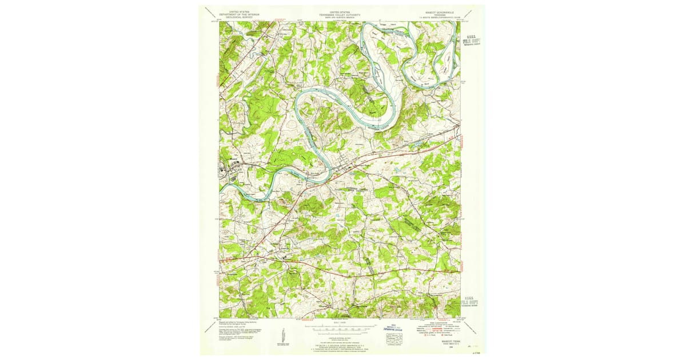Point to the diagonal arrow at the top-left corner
[x=210, y=12]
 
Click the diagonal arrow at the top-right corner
[x=469, y=13]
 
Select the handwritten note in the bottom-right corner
[x=474, y=353]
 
